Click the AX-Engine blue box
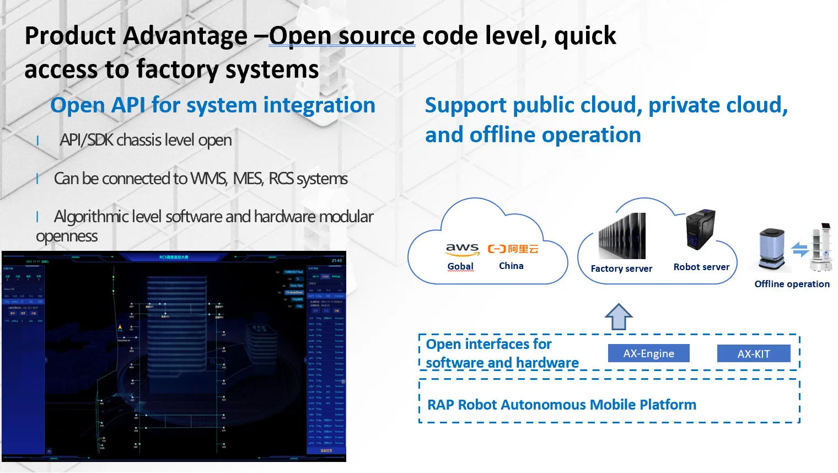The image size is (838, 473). tap(648, 353)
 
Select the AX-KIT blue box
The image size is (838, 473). tap(753, 354)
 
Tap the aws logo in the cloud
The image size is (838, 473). tap(462, 249)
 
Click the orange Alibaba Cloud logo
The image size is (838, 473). tap(513, 249)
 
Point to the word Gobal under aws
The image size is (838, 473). tap(460, 266)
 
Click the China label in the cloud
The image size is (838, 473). tap(511, 266)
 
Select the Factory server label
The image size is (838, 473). tap(621, 268)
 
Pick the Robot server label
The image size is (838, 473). tap(701, 267)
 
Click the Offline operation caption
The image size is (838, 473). tap(792, 284)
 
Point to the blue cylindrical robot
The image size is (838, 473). tap(771, 250)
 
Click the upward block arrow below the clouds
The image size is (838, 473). tap(619, 317)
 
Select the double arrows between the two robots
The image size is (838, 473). tap(801, 249)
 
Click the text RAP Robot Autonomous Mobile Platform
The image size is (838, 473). tap(562, 405)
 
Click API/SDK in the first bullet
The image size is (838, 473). tap(86, 140)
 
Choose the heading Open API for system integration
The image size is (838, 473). tap(213, 105)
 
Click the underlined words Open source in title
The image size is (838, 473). tap(342, 36)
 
